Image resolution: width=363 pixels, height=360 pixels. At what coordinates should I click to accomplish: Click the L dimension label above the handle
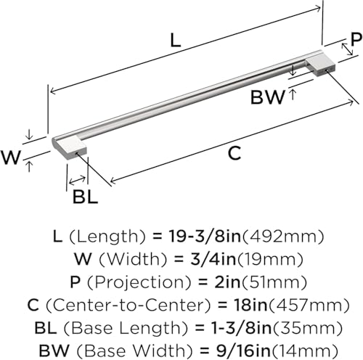[176, 41]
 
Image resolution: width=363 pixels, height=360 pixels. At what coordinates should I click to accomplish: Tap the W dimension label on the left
[11, 157]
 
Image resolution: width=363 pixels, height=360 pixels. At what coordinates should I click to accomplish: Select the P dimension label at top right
[356, 38]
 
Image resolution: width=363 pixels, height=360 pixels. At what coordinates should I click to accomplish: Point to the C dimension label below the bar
[234, 153]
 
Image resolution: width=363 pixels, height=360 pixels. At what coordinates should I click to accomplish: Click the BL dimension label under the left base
[86, 197]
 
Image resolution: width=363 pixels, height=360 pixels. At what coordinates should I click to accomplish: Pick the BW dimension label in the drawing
[268, 97]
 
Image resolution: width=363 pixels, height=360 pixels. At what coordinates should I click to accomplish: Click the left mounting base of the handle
[70, 148]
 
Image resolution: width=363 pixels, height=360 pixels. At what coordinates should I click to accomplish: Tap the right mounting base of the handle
[320, 64]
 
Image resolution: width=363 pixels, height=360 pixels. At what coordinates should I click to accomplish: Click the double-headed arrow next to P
[347, 49]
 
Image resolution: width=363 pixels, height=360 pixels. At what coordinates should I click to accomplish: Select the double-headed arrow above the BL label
[77, 180]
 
